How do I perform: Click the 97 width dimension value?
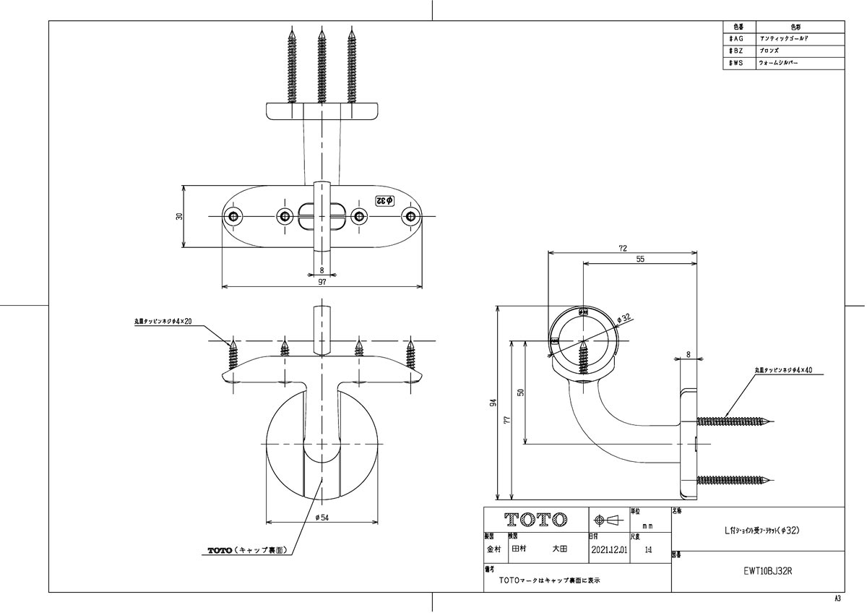(x=322, y=282)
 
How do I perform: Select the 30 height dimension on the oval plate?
(x=178, y=216)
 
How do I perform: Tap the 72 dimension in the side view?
(x=623, y=248)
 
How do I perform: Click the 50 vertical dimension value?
(x=520, y=393)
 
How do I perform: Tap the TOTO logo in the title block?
(x=535, y=520)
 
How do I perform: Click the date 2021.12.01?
(x=608, y=549)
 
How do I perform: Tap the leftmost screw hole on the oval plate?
(x=233, y=216)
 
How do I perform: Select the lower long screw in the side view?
(x=733, y=479)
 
